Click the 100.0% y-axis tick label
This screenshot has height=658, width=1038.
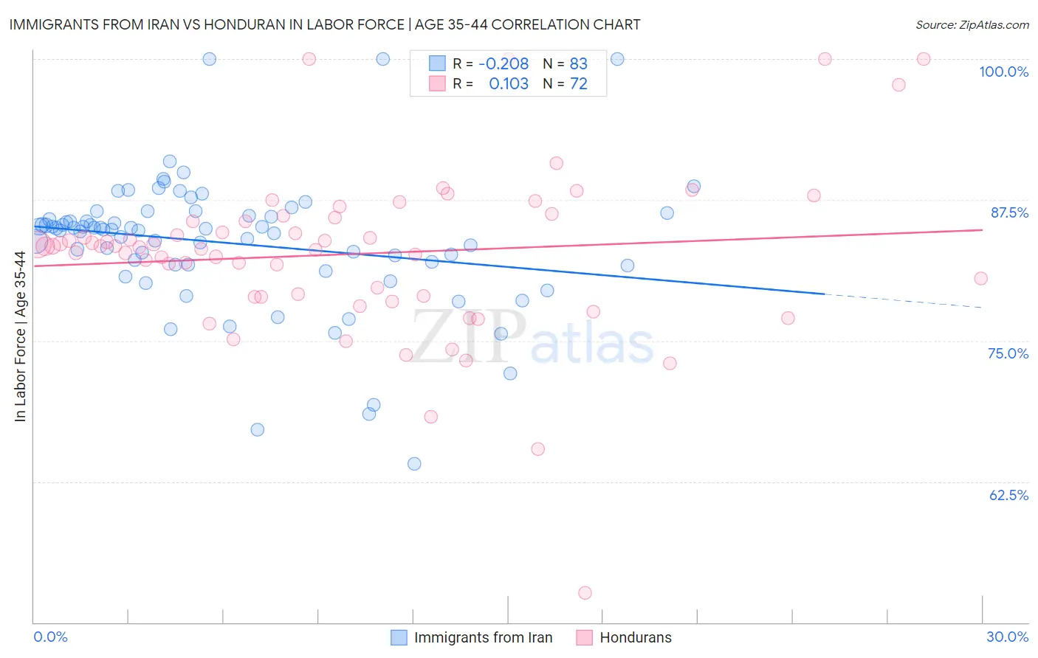1003,72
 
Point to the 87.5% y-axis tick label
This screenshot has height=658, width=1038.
1009,212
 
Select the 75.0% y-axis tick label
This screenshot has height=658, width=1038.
1008,353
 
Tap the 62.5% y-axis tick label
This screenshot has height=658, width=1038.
1008,495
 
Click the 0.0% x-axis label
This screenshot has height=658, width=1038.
50,637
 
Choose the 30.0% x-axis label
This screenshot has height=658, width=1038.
1007,637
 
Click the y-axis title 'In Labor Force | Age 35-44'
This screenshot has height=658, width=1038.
20,336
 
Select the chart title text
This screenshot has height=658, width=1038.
325,24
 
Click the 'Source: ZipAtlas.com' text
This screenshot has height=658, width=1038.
972,25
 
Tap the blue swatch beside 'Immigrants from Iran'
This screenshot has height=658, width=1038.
399,637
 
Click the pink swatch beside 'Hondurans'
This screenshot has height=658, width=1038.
585,637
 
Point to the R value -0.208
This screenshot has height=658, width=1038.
503,63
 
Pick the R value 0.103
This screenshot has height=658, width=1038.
509,84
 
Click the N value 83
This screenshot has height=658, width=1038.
578,63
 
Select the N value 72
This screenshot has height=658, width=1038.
578,84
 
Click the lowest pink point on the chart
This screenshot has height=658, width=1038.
585,593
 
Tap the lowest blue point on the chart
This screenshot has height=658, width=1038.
414,464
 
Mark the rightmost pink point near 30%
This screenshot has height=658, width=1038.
980,278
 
